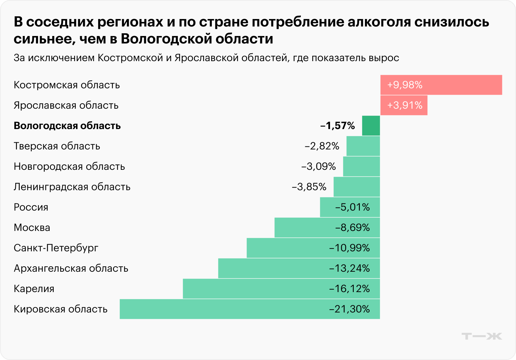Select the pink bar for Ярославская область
(404, 105)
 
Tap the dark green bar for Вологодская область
(371, 126)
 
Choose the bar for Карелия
(255, 289)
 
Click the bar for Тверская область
(363, 146)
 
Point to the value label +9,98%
(405, 85)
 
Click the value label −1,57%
(337, 126)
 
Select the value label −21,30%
(349, 309)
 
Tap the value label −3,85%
(309, 187)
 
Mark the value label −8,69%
(352, 228)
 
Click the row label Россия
(31, 207)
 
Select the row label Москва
(32, 228)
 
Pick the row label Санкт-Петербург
(56, 248)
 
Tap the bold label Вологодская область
(67, 126)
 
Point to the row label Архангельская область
(71, 268)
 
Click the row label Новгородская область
(69, 166)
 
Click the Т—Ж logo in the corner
(482, 336)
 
